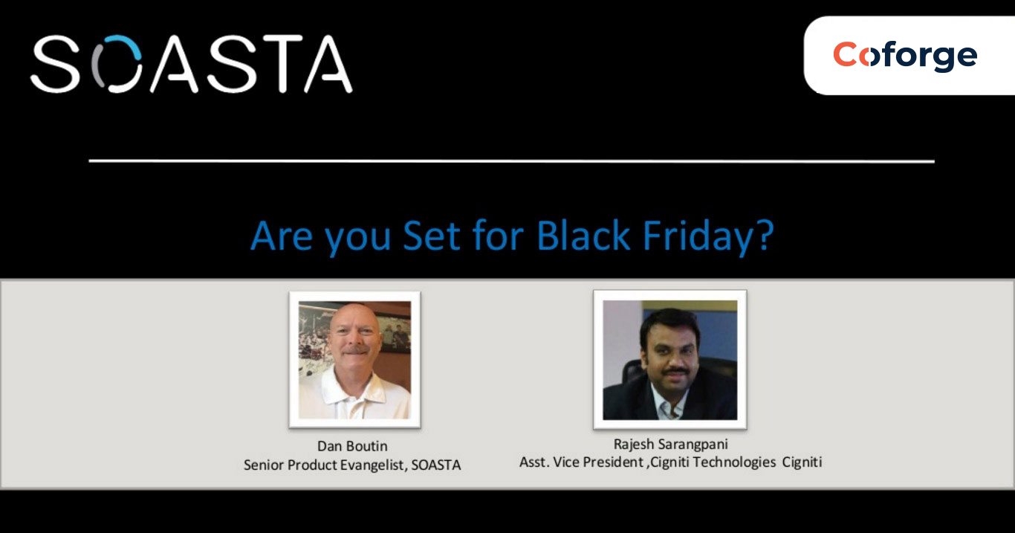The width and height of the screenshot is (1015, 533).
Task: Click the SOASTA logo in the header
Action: point(191,65)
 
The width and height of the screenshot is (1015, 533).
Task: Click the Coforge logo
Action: point(904,56)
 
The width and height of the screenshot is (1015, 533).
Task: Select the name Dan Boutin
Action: point(352,446)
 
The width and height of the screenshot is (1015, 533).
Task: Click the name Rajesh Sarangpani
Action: point(670,444)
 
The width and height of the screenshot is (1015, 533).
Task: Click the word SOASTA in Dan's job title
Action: point(436,465)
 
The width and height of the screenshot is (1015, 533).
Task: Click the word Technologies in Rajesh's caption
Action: point(732,462)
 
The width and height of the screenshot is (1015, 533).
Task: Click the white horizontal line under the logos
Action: point(511,161)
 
